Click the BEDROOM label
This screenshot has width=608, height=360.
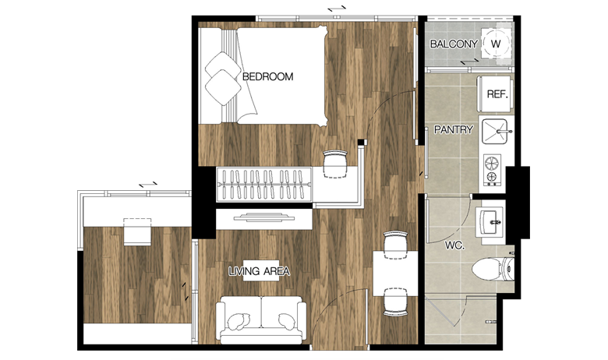pos(267,76)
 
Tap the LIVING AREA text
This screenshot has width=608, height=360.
pos(259,271)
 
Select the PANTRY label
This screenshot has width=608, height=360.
pos(454,129)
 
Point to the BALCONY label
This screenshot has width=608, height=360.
pos(454,44)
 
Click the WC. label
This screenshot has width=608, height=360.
pos(454,245)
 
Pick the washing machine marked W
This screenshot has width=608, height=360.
pos(496,44)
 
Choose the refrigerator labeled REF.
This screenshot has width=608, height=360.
pos(495,94)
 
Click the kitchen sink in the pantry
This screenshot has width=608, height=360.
pos(495,132)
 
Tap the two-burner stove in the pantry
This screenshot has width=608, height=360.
pos(492,169)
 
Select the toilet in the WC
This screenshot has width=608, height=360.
pos(493,268)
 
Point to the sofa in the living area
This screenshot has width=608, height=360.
pos(261,319)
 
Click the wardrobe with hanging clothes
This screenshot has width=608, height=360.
pos(264,185)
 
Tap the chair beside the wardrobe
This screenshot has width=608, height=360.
pos(335,164)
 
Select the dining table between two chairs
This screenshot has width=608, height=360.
pos(395,274)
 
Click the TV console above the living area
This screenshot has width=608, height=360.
pos(264,219)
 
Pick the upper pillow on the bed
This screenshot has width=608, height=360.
pos(222,65)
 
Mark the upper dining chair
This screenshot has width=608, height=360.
pos(395,245)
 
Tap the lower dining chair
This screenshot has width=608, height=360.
pos(395,302)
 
